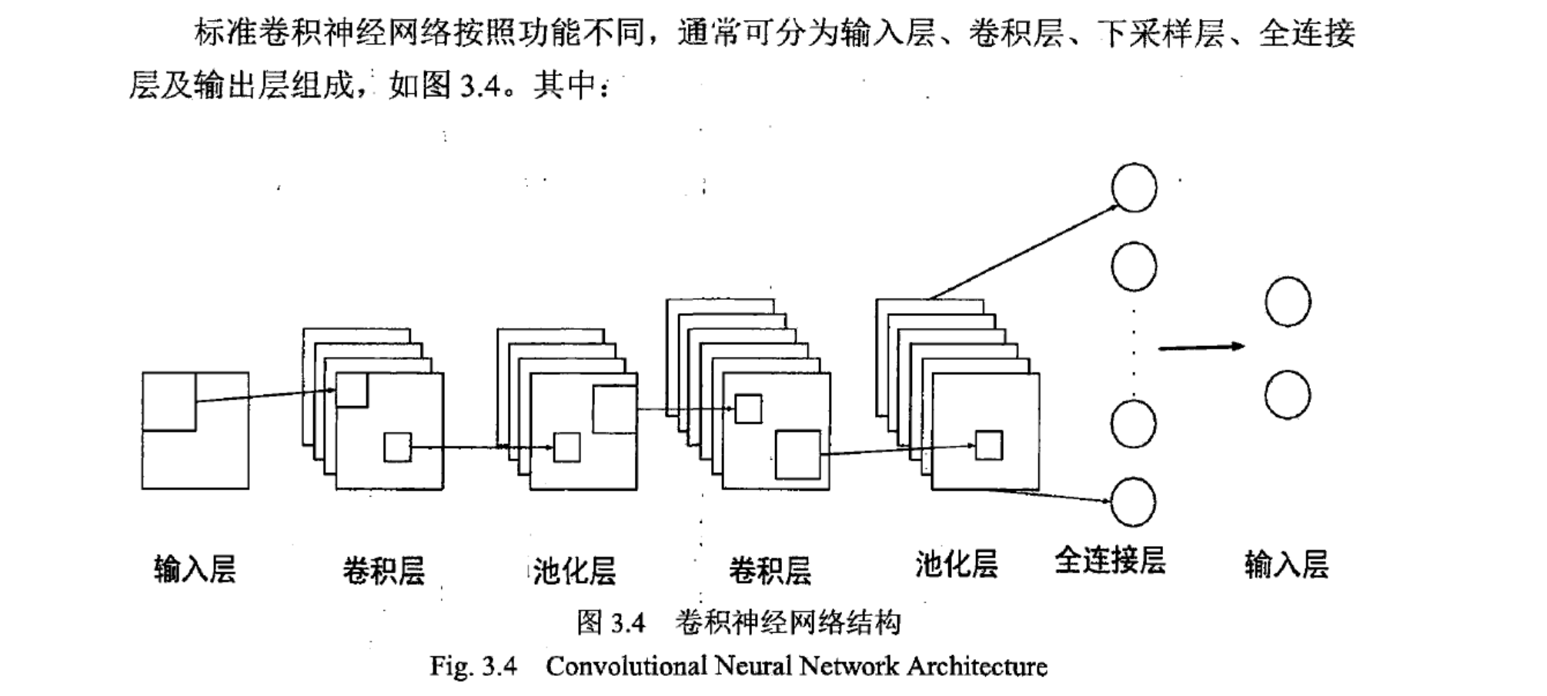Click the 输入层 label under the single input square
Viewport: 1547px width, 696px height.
pos(195,570)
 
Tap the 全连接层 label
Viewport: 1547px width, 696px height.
pos(1110,561)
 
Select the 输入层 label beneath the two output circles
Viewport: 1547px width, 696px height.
pos(1286,564)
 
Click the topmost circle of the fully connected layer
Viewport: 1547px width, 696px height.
pos(1134,187)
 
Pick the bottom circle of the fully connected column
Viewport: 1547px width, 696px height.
pos(1133,501)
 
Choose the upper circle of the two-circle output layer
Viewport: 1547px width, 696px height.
pos(1288,301)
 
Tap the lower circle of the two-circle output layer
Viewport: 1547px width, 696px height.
pos(1288,395)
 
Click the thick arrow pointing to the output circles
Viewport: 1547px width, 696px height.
pos(1201,347)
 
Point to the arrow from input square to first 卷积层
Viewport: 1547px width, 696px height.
pos(266,395)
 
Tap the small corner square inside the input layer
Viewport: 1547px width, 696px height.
pos(169,401)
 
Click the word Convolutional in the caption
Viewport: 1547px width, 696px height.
pos(626,666)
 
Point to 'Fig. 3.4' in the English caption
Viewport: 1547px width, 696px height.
pos(473,666)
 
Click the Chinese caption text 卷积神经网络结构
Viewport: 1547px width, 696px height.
pos(787,622)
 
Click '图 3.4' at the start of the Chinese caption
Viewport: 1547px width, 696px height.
pos(611,622)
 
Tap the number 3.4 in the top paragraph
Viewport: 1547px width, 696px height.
pos(481,85)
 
